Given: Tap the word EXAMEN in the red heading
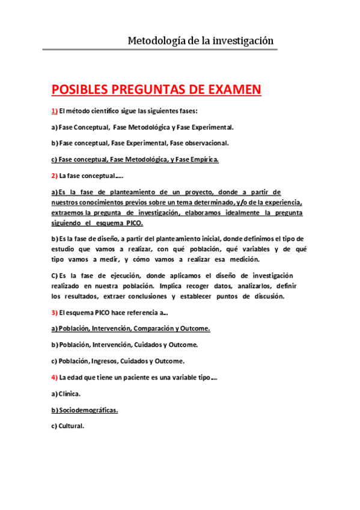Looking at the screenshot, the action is (x=230, y=90).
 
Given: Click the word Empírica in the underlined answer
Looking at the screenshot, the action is (x=204, y=159).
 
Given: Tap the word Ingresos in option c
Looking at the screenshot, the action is (x=107, y=361).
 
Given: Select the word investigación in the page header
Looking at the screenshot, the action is (x=239, y=41).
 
